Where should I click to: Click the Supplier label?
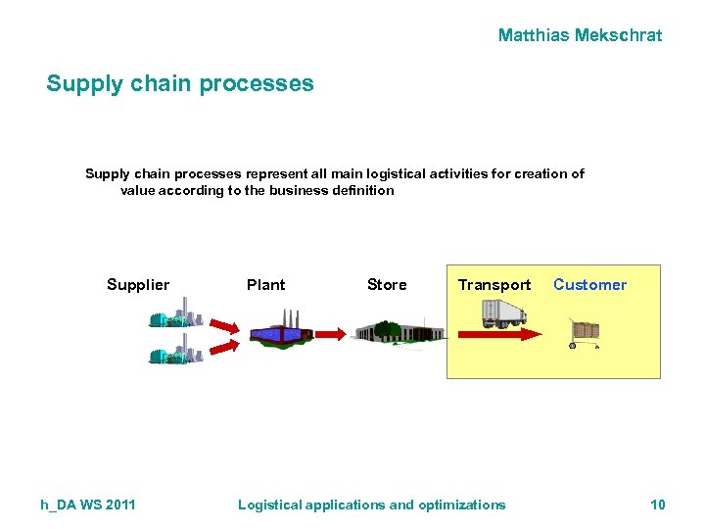tap(138, 285)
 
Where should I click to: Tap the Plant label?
tap(265, 285)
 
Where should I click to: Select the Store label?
tap(387, 285)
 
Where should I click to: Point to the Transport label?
tap(494, 285)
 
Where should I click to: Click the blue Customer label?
tap(589, 285)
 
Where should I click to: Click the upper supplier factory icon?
tap(175, 318)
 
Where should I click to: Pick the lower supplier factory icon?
tap(175, 352)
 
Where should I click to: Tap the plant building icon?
tap(281, 330)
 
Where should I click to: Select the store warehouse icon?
tap(398, 331)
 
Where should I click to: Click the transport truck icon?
tap(504, 313)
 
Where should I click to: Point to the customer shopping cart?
tap(585, 334)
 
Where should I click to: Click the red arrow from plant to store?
tap(333, 334)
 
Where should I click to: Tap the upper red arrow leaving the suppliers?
tap(224, 325)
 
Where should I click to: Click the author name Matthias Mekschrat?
tap(580, 35)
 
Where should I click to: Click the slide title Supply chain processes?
tap(180, 83)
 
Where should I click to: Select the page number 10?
tap(657, 505)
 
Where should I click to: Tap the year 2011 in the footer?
tap(118, 505)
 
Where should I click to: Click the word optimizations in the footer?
tap(462, 505)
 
